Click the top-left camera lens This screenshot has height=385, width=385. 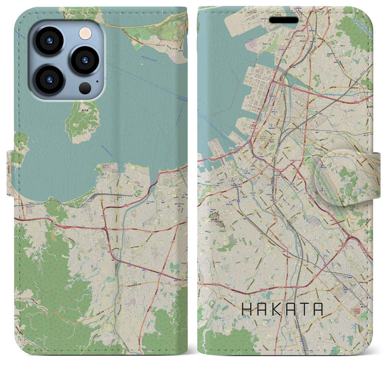pyautogui.click(x=49, y=41)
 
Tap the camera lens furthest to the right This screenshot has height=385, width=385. pyautogui.click(x=85, y=60)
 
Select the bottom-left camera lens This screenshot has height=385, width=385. pyautogui.click(x=49, y=79)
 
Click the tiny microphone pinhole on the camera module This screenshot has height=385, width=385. pyautogui.click(x=97, y=81)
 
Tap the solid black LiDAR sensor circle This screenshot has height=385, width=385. pyautogui.click(x=85, y=88)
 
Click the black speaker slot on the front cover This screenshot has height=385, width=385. pyautogui.click(x=283, y=20)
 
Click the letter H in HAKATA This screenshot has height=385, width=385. pyautogui.click(x=247, y=309)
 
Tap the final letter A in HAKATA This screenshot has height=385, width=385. pyautogui.click(x=317, y=309)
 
